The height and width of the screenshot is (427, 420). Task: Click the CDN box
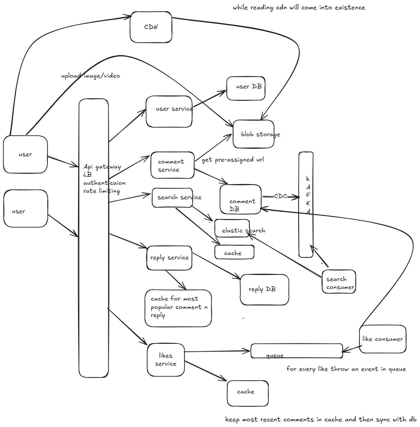pyautogui.click(x=151, y=27)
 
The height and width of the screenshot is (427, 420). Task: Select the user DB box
pyautogui.click(x=246, y=89)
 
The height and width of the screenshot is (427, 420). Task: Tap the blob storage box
pyautogui.click(x=254, y=134)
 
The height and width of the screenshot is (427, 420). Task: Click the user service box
pyautogui.click(x=169, y=111)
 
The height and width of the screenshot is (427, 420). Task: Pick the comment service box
pyautogui.click(x=172, y=165)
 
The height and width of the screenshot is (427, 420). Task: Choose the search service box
pyautogui.click(x=172, y=198)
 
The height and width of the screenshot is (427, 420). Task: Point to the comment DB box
pyautogui.click(x=241, y=199)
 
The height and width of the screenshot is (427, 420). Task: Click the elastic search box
pyautogui.click(x=232, y=228)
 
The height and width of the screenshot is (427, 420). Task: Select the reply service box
pyautogui.click(x=169, y=258)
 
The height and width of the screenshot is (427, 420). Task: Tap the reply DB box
pyautogui.click(x=264, y=290)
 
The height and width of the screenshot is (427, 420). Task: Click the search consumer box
pyautogui.click(x=339, y=282)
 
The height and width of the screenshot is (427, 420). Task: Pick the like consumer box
pyautogui.click(x=382, y=339)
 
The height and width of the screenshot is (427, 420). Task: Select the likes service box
pyautogui.click(x=166, y=360)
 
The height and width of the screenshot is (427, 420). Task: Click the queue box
pyautogui.click(x=297, y=351)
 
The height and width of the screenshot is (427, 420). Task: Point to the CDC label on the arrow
pyautogui.click(x=280, y=196)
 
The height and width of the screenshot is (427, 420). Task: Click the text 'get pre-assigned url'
pyautogui.click(x=233, y=160)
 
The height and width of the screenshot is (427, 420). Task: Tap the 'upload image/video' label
pyautogui.click(x=91, y=76)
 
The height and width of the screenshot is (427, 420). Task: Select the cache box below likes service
pyautogui.click(x=248, y=393)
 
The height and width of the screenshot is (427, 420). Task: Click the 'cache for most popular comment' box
pyautogui.click(x=178, y=308)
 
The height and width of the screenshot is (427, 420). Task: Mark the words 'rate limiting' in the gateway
pyautogui.click(x=102, y=191)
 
